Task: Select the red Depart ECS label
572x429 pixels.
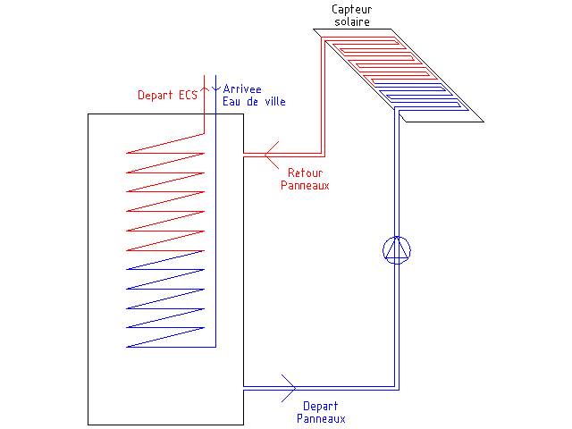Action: (x=166, y=95)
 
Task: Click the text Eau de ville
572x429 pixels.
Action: (x=255, y=101)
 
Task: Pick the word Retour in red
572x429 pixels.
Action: (x=304, y=173)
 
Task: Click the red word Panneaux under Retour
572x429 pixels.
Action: (x=306, y=186)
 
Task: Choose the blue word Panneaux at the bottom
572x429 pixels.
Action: (x=320, y=417)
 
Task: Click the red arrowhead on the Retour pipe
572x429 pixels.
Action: (x=271, y=153)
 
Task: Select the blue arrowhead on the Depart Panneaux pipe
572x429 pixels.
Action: (x=289, y=386)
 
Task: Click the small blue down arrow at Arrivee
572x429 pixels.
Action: (x=214, y=88)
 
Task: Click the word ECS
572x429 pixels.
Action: (x=187, y=95)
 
